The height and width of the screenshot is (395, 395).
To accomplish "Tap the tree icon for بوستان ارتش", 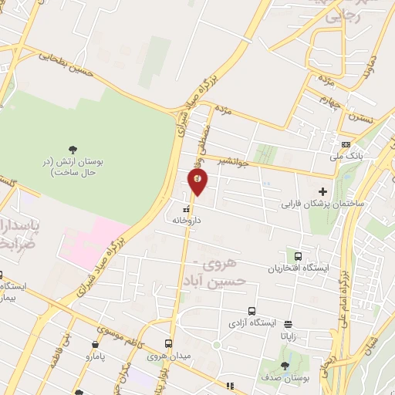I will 73,149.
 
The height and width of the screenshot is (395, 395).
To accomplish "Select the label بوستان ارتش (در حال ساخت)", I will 73,167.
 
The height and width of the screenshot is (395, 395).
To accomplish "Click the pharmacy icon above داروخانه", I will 186,208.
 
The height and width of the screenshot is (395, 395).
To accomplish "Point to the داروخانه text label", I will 187,219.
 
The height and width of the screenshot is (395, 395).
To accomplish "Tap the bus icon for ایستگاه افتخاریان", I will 298,256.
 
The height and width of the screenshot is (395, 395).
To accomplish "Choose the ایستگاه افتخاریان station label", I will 298,268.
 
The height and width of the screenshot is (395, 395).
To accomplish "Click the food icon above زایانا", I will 289,324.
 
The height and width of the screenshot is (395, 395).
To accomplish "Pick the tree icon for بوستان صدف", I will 285,366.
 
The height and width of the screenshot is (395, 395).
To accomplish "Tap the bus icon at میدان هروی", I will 168,344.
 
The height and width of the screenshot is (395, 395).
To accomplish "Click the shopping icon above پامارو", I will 95,345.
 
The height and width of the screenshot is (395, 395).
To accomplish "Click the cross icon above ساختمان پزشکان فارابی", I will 322,191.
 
